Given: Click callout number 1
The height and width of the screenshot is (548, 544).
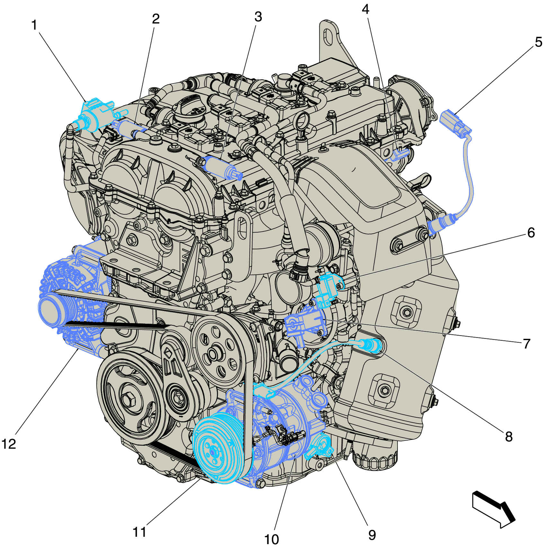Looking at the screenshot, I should click(x=34, y=25).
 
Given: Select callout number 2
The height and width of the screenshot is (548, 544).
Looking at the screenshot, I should click(x=156, y=19).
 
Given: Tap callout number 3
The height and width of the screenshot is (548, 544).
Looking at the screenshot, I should click(x=258, y=17).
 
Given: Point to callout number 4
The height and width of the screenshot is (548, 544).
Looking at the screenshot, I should click(x=365, y=9).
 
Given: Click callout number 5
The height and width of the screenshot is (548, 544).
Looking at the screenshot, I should click(x=539, y=42).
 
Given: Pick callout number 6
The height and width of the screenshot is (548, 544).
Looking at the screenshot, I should click(x=531, y=233).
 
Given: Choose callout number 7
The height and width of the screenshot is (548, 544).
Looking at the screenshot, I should click(x=526, y=344).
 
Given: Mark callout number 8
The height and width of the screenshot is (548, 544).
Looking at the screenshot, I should click(x=509, y=436).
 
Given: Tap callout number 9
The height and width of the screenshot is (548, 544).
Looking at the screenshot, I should click(x=372, y=535).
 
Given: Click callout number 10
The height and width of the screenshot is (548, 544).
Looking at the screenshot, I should click(x=272, y=539).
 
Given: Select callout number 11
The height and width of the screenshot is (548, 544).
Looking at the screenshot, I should click(x=139, y=532).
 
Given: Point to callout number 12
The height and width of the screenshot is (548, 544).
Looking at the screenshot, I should click(x=9, y=444).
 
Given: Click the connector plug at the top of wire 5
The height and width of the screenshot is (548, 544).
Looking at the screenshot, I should click(x=455, y=123).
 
